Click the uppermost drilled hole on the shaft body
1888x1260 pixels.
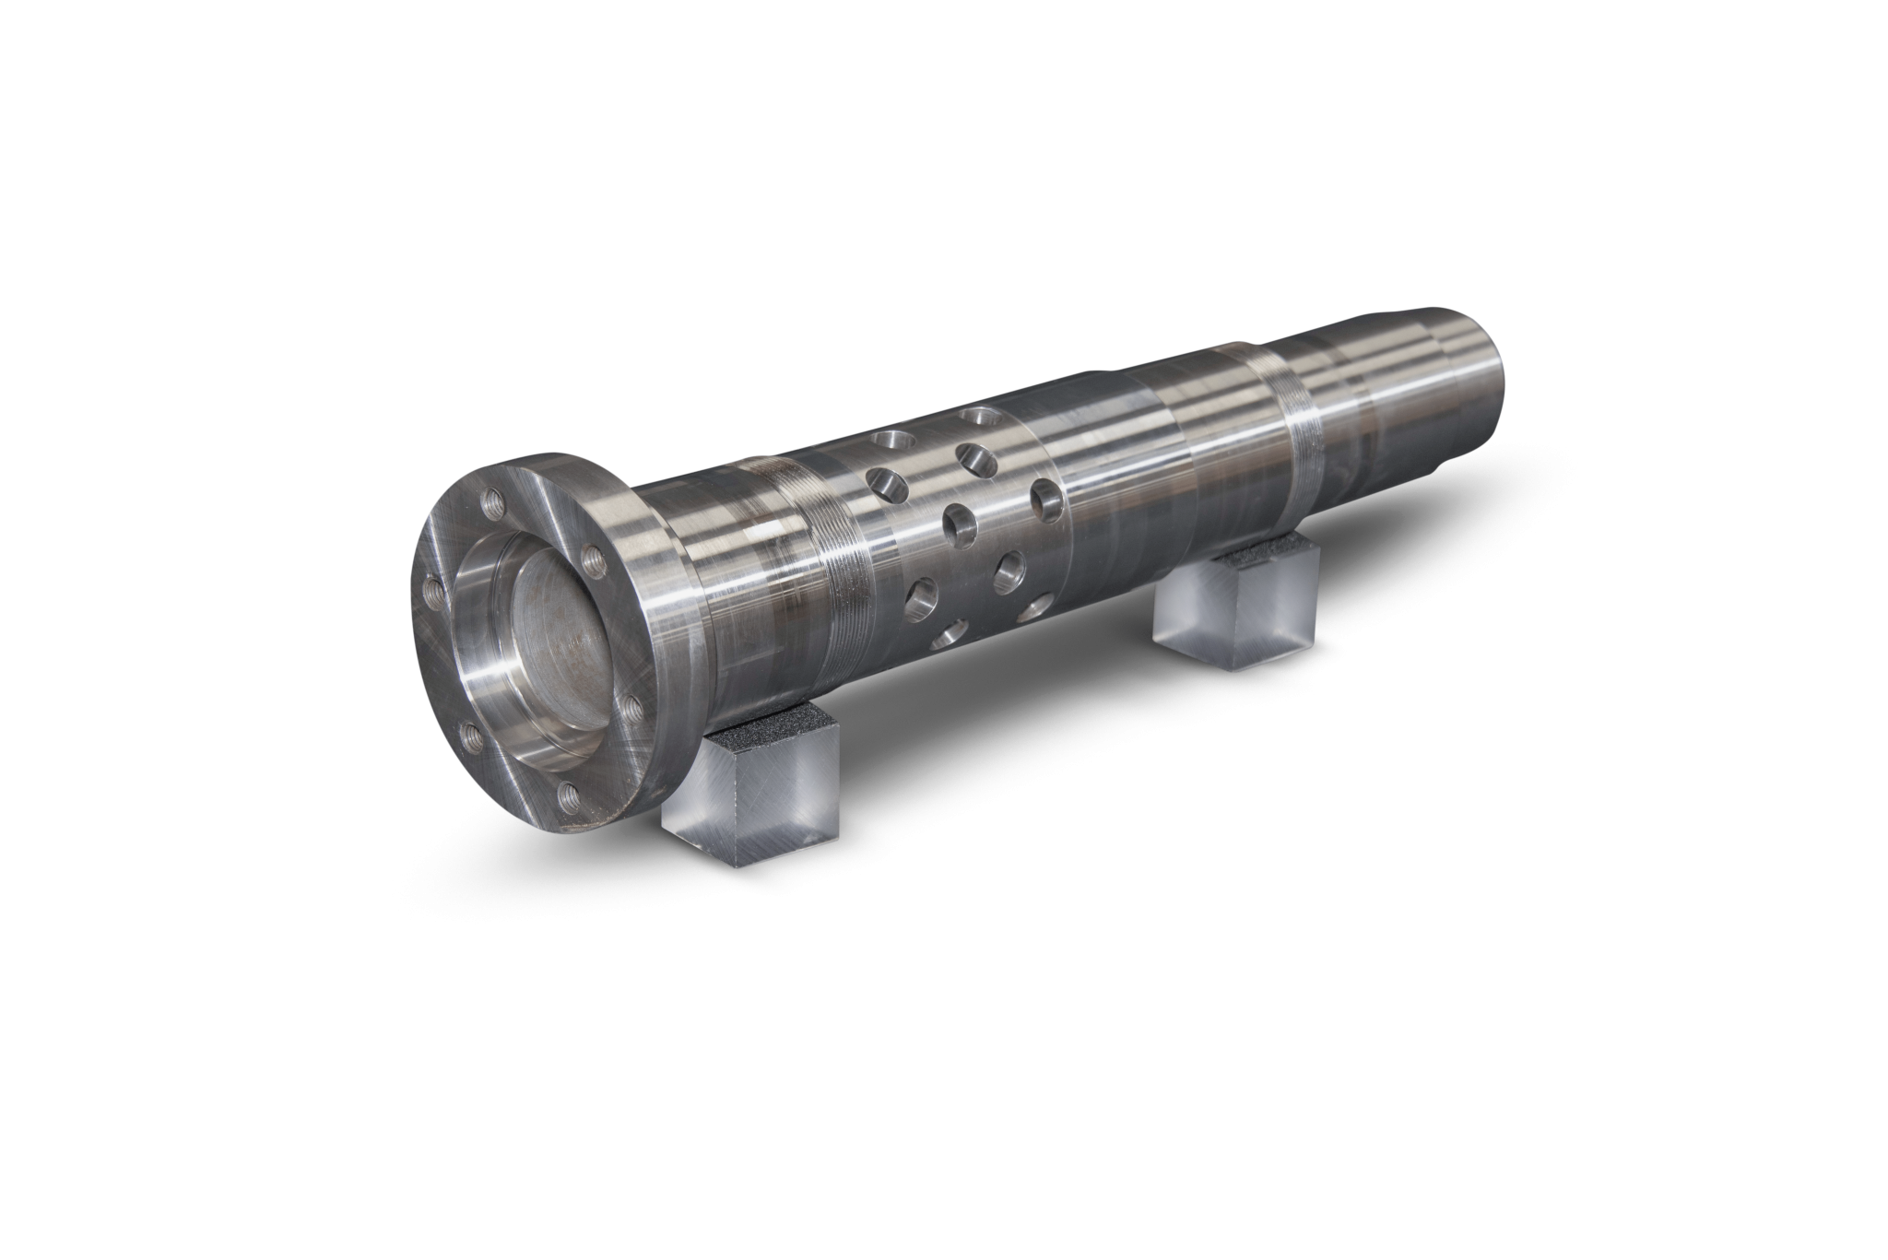coord(970,417)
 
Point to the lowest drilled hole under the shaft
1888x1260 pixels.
coord(945,635)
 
